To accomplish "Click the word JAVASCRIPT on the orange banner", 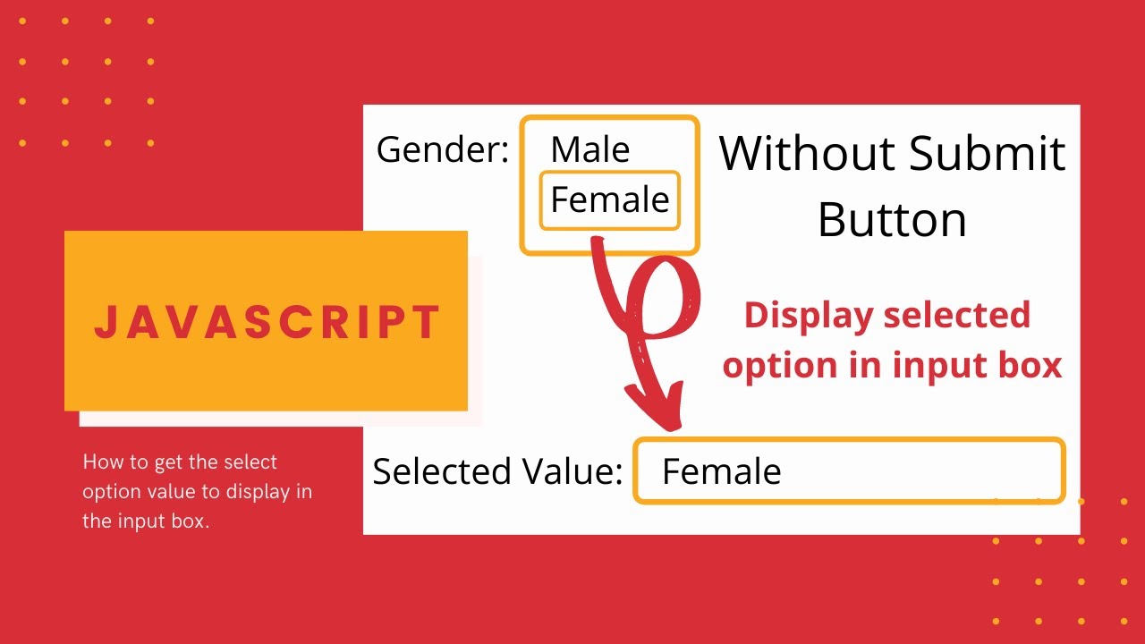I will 267,322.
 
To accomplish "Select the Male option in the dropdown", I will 589,149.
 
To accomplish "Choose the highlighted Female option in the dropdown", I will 610,199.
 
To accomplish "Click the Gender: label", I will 442,149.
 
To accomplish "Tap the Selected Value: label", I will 497,471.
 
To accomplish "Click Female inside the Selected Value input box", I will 721,471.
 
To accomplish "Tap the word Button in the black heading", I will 892,220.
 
